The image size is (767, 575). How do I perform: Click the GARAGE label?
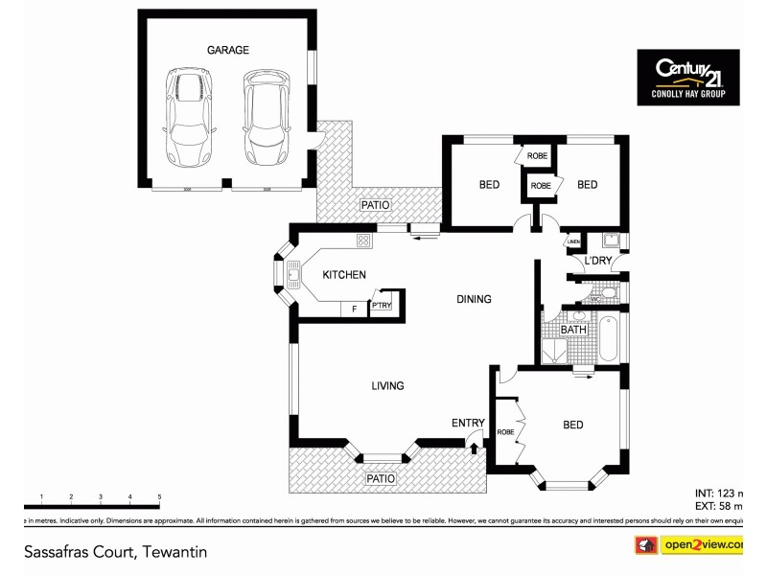pos(228,50)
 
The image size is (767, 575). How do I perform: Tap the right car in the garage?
pos(265,116)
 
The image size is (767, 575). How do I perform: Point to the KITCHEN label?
pos(343,275)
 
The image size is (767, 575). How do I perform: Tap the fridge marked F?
pos(355,309)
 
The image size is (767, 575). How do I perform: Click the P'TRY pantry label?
pos(382,306)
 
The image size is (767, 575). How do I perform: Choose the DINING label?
pos(474,299)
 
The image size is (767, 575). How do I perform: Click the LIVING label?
pos(387,386)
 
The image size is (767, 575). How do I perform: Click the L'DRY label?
pos(598,262)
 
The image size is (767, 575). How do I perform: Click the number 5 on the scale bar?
pos(159,496)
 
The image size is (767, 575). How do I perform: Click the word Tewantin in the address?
pos(175,552)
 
